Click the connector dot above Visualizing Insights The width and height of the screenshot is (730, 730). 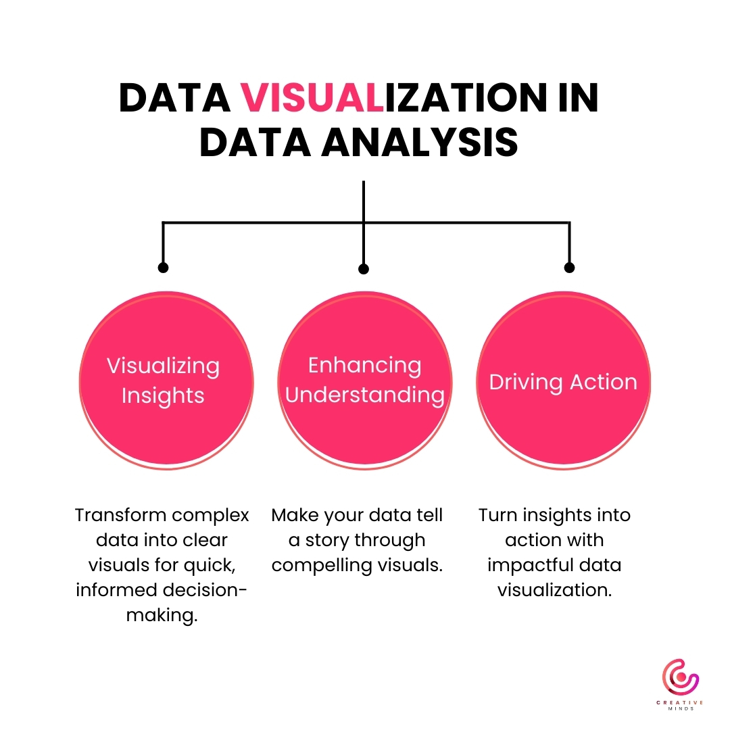tap(163, 268)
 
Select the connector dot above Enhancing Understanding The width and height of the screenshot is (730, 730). tap(364, 269)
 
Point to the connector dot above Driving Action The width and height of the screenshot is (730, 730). tap(569, 268)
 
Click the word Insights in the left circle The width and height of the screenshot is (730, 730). tap(163, 395)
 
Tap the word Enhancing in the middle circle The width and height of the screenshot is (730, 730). tap(364, 365)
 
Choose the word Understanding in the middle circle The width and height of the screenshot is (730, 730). tap(364, 395)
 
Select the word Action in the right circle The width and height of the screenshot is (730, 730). tap(604, 382)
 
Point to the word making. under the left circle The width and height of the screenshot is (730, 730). tap(162, 615)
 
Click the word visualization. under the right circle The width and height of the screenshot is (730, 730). tap(554, 590)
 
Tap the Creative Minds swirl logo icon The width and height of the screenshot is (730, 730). tap(680, 679)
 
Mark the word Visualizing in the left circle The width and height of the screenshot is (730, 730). tap(163, 366)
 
